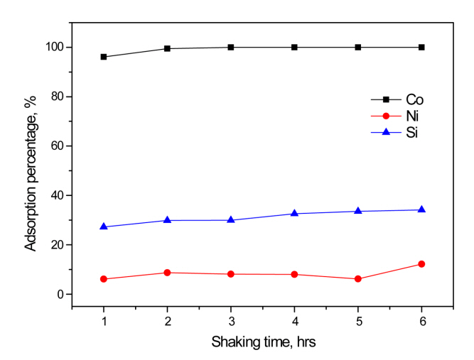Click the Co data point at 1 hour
(x=104, y=57)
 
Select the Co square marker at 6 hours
(x=421, y=48)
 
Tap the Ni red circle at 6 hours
(x=421, y=264)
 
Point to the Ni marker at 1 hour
(x=104, y=279)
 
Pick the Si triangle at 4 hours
(x=294, y=213)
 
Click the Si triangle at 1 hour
(x=104, y=227)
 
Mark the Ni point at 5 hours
(x=358, y=279)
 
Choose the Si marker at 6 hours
(x=421, y=209)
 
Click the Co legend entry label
(x=406, y=100)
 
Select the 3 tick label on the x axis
(x=231, y=320)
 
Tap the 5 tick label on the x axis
(x=358, y=320)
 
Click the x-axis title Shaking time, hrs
(x=262, y=342)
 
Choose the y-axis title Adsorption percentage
(x=31, y=171)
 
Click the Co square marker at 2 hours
(x=167, y=48)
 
